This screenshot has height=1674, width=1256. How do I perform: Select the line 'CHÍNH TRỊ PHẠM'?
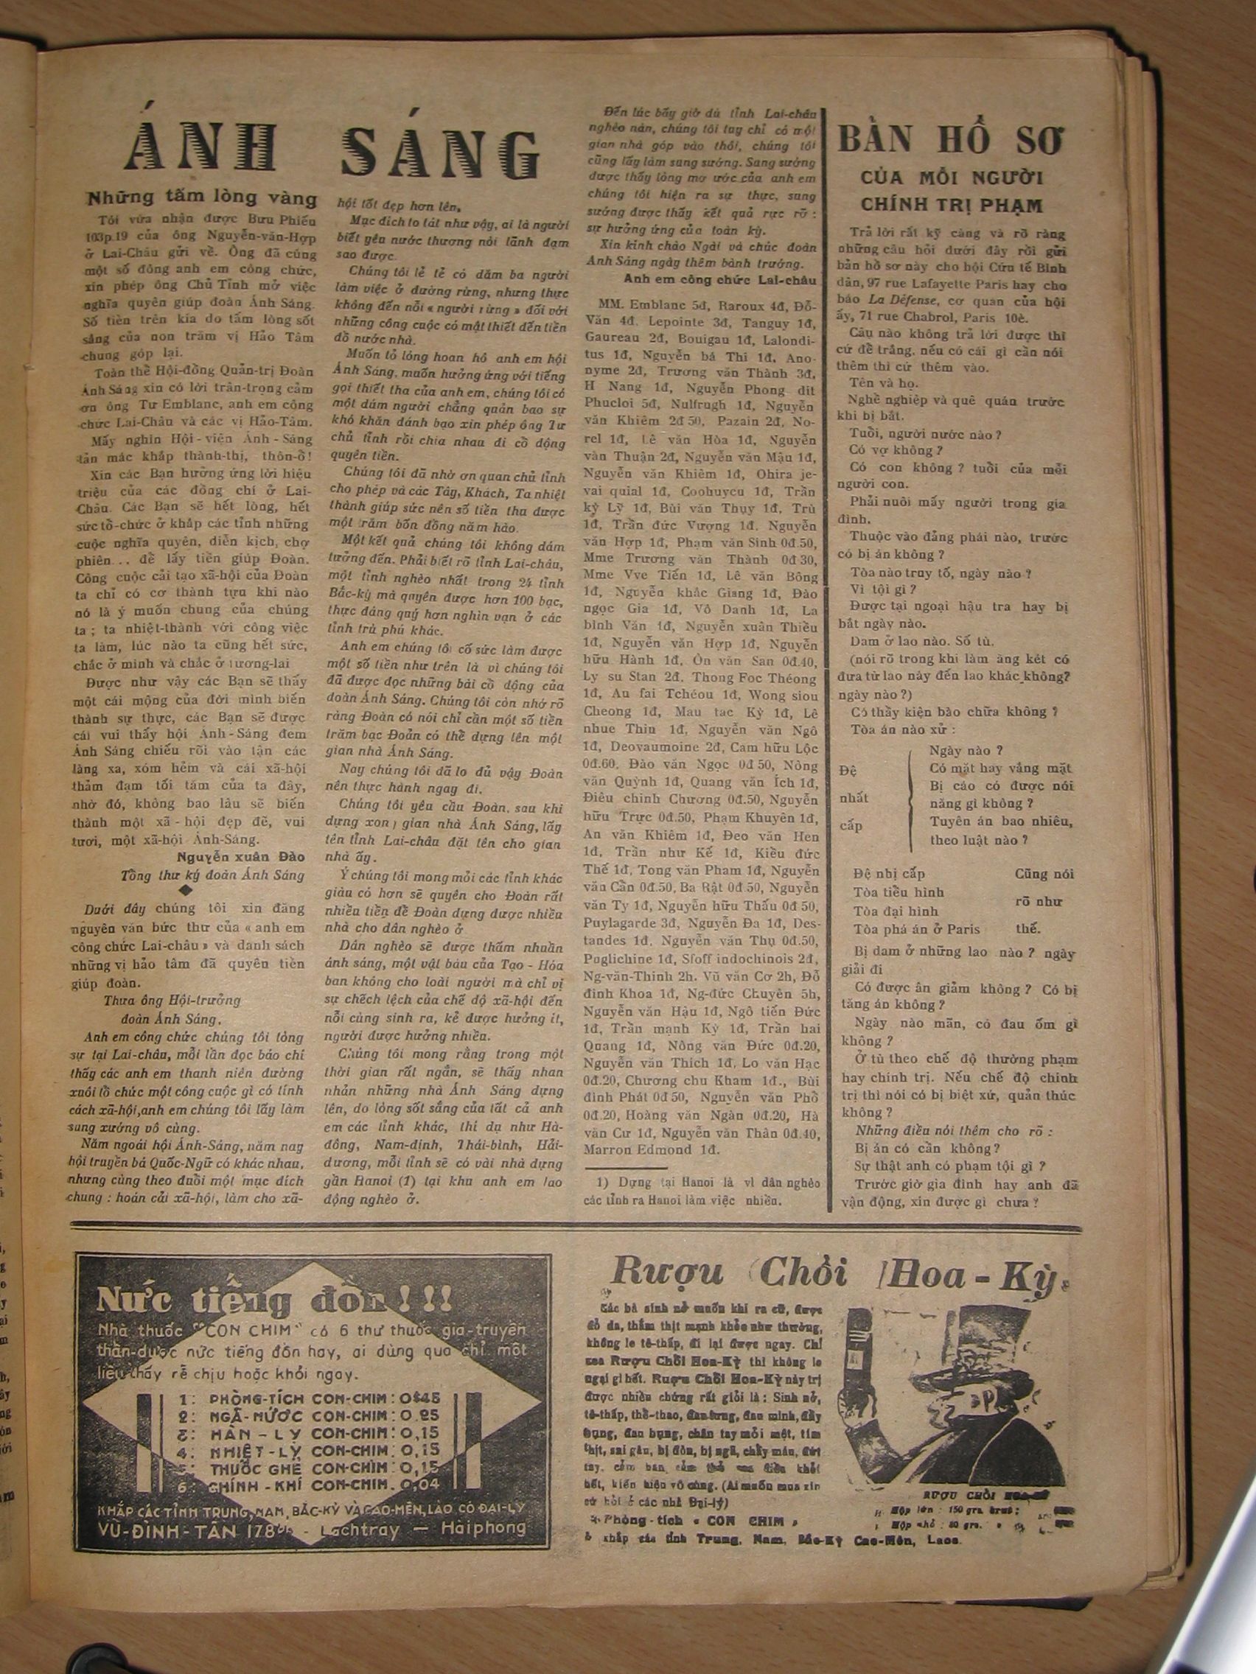tap(952, 204)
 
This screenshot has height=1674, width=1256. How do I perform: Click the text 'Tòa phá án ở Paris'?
tap(915, 929)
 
